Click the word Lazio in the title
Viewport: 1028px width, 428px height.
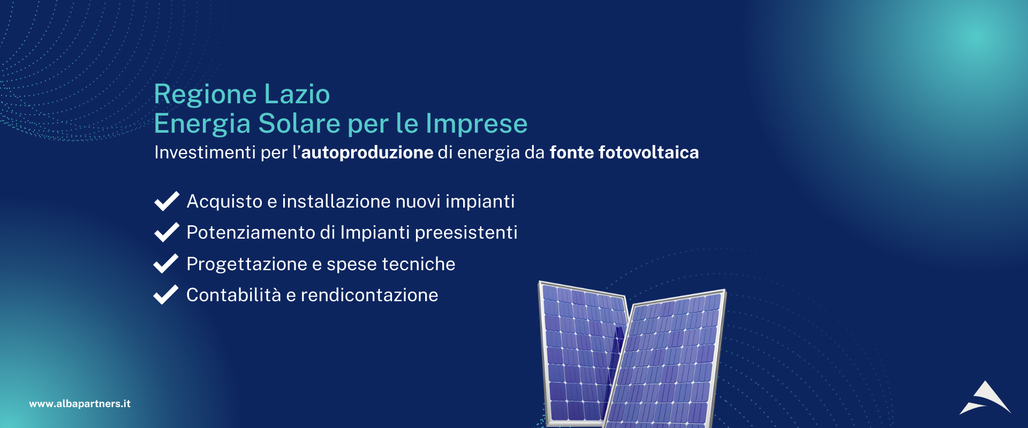(x=297, y=94)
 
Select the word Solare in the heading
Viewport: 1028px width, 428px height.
(x=299, y=124)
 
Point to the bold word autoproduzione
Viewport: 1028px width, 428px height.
(x=367, y=152)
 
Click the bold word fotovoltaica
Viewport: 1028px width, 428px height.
(x=648, y=152)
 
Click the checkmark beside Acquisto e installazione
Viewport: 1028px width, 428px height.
(x=167, y=201)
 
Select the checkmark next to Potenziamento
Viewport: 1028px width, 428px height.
(x=167, y=232)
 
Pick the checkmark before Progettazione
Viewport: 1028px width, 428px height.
(x=166, y=263)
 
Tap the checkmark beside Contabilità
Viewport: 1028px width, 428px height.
(x=166, y=294)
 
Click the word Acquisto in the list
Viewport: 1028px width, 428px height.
(x=224, y=202)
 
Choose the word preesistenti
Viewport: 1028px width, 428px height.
(x=466, y=233)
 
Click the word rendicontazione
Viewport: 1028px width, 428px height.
(x=369, y=295)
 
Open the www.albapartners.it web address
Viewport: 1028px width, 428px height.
(x=80, y=404)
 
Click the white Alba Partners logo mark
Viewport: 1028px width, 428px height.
(x=985, y=398)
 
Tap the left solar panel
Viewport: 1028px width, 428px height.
(x=578, y=353)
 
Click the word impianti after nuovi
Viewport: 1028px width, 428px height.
(x=480, y=202)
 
